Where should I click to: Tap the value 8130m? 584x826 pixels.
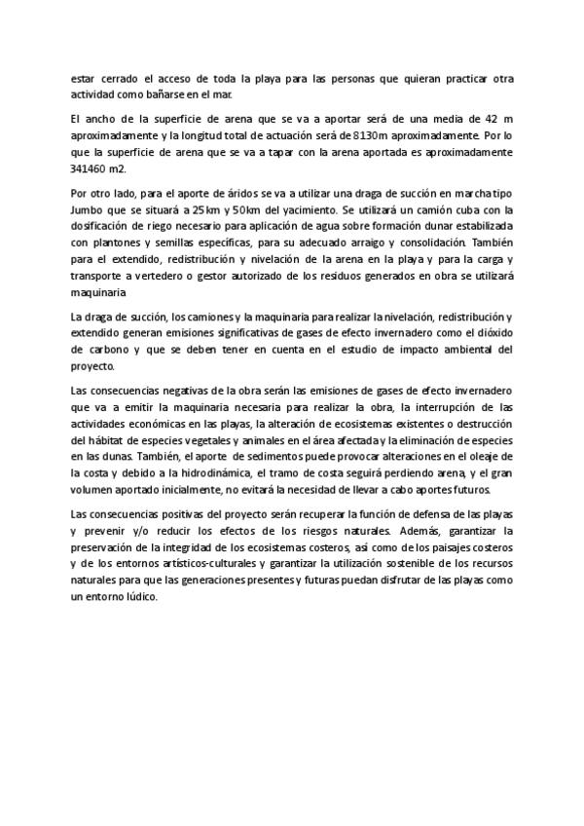click(x=373, y=135)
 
